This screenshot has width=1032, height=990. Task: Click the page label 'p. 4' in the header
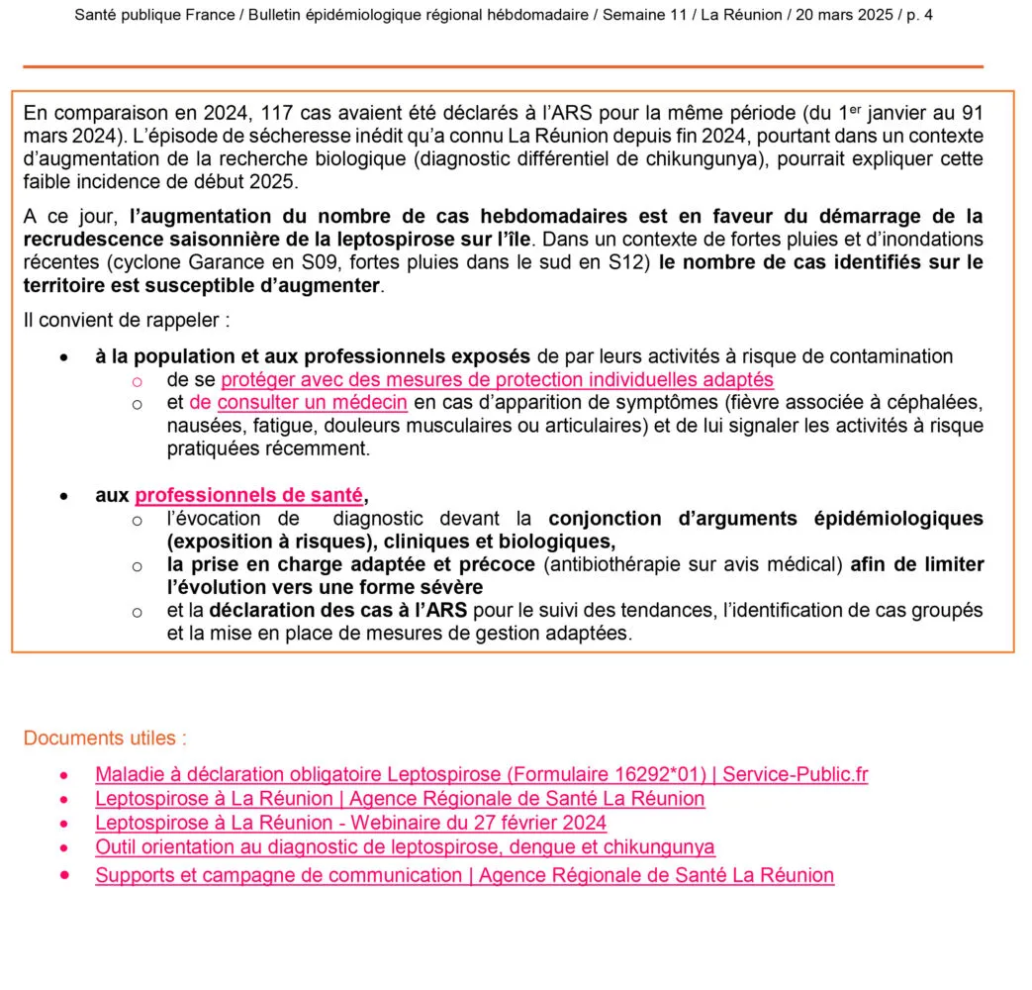914,15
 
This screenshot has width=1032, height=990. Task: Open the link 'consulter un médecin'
313,402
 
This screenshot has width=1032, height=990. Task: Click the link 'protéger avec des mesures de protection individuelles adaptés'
497,379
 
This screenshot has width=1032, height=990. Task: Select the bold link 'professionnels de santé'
249,495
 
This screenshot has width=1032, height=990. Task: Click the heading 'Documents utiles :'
105,739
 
